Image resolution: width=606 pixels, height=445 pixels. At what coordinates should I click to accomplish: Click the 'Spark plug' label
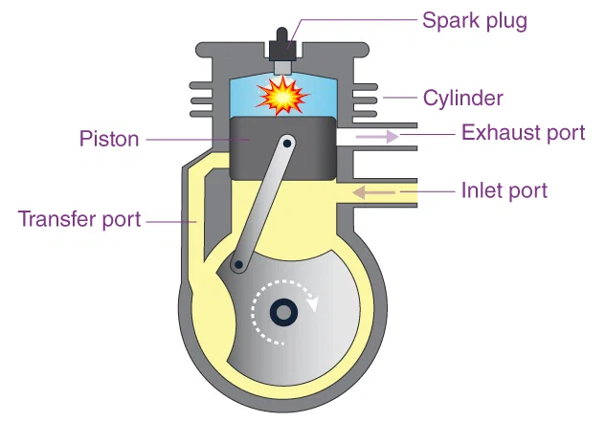click(475, 20)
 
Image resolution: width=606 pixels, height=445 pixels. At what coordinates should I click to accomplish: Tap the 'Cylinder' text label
click(462, 98)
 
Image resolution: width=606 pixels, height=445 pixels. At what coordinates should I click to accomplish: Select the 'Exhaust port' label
click(523, 132)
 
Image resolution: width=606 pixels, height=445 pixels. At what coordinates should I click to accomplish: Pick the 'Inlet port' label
click(504, 190)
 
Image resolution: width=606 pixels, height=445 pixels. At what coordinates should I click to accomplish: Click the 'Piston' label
click(108, 139)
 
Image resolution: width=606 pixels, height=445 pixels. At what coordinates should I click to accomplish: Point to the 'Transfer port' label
click(79, 219)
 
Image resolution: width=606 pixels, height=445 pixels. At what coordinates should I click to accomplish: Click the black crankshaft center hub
click(283, 312)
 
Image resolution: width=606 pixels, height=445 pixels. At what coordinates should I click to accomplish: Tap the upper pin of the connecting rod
click(287, 143)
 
